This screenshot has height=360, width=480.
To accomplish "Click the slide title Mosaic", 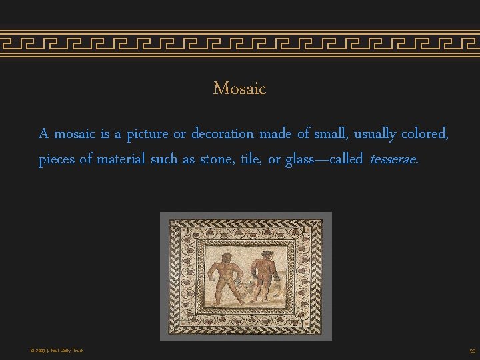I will point(239,88).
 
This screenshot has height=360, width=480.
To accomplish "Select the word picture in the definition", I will point(147,134).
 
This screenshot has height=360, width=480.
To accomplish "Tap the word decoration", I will point(223,134).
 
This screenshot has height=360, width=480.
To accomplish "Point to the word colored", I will point(425,134).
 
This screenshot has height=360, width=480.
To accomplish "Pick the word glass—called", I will point(324,159).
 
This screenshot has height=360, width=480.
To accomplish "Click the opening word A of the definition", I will point(44,134).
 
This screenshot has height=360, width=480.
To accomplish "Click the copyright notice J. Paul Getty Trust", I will point(56,350).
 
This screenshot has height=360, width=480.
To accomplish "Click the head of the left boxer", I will point(227,257).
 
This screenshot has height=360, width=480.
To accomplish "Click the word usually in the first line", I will point(375,134).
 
